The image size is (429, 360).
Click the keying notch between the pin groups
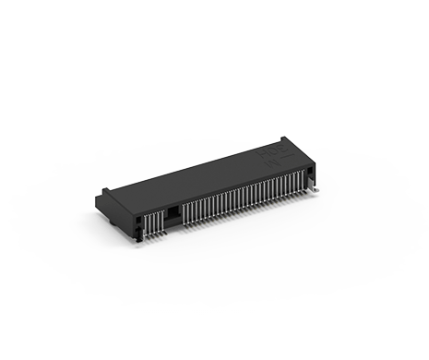[x=173, y=211]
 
